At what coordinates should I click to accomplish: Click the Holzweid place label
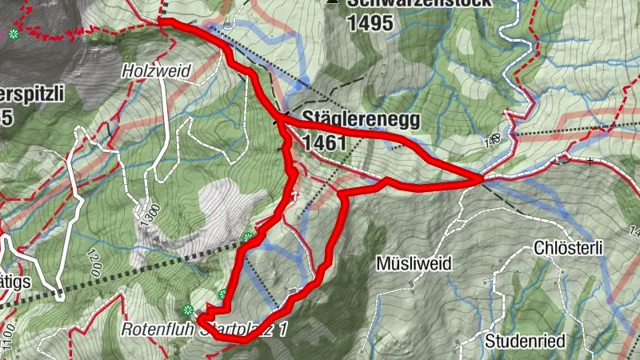156,71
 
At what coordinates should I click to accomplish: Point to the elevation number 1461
324,143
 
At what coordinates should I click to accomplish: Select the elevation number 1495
370,22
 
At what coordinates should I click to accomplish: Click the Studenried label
525,342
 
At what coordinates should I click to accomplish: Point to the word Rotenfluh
157,329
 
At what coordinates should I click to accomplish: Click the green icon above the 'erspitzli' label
14,34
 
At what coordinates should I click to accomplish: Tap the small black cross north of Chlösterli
590,161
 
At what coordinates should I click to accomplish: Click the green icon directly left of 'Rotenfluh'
188,310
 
